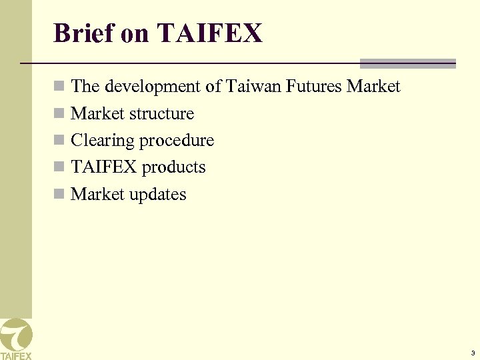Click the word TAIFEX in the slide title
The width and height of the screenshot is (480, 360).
[x=210, y=33]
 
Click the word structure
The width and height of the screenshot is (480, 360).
[x=162, y=114]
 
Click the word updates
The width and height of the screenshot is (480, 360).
[x=159, y=195]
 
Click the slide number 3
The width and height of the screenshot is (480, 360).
[x=472, y=353]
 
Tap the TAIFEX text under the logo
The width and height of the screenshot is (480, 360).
[x=15, y=355]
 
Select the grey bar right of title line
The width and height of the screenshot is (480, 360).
[x=407, y=64]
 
